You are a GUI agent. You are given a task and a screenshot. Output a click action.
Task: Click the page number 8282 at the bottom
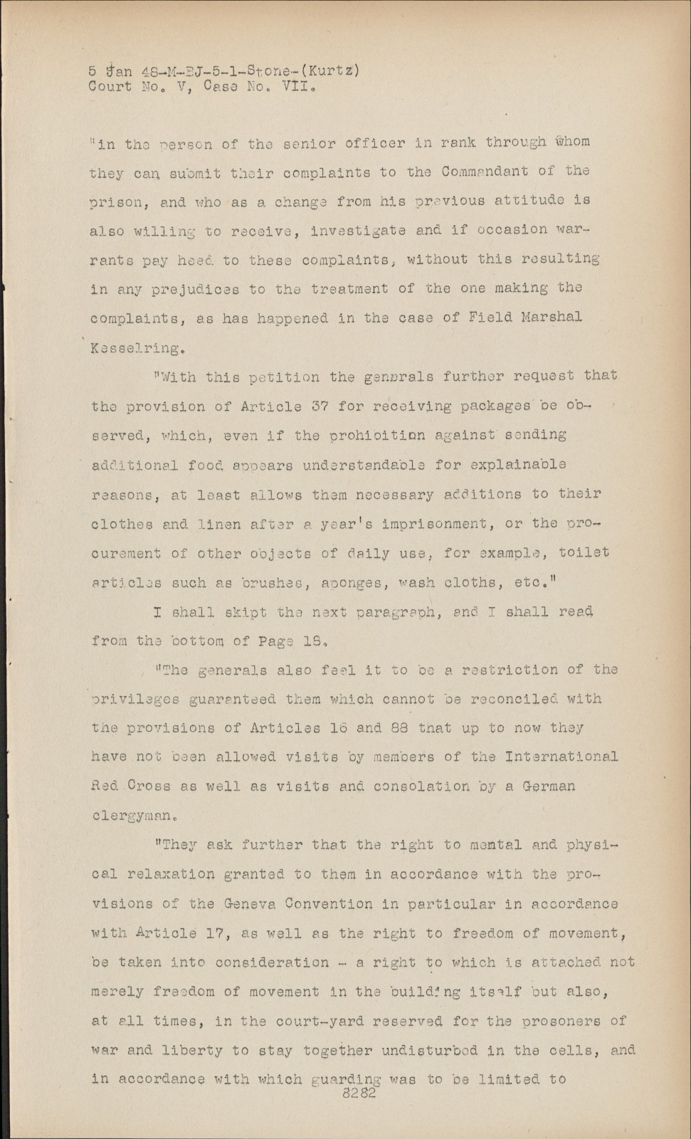click(359, 1094)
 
